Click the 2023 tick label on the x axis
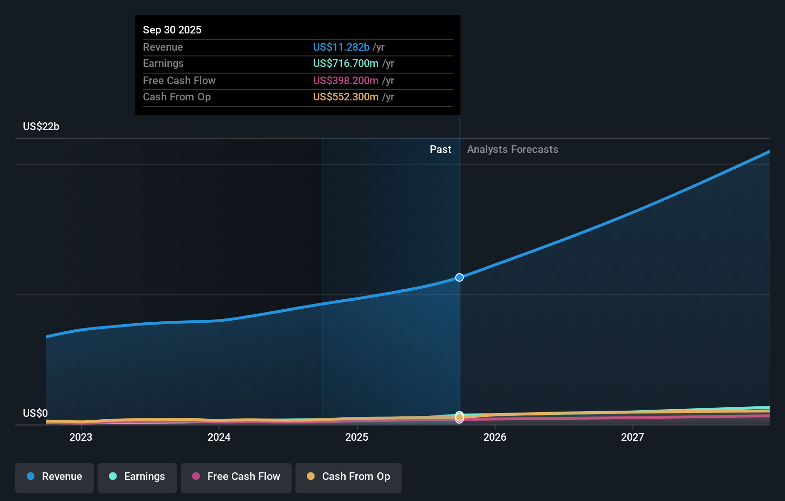click(x=81, y=437)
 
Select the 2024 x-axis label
click(x=219, y=437)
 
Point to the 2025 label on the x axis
click(x=357, y=437)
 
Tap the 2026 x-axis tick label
click(x=495, y=437)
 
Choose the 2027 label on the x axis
click(x=632, y=437)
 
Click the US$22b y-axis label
click(x=41, y=126)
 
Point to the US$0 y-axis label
click(x=35, y=413)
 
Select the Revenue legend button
click(x=55, y=477)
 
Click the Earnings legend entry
click(x=137, y=477)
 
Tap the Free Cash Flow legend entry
click(x=236, y=477)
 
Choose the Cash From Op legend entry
click(x=349, y=477)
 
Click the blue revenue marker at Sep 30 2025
click(x=459, y=277)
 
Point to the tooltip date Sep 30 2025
click(x=172, y=30)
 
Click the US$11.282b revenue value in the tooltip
click(x=341, y=47)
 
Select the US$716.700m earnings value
click(x=346, y=63)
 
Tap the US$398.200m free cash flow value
click(x=346, y=80)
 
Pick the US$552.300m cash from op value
click(x=346, y=97)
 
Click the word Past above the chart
click(x=440, y=149)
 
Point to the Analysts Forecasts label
click(x=512, y=149)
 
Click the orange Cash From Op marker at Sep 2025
click(x=459, y=418)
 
